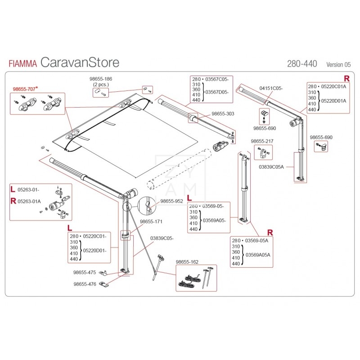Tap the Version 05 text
click(338, 64)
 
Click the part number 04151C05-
click(271, 88)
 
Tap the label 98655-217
click(262, 141)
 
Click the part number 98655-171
click(151, 221)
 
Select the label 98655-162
click(187, 261)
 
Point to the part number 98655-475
click(85, 272)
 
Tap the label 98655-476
click(85, 284)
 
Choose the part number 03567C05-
click(216, 79)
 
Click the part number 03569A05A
click(257, 255)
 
